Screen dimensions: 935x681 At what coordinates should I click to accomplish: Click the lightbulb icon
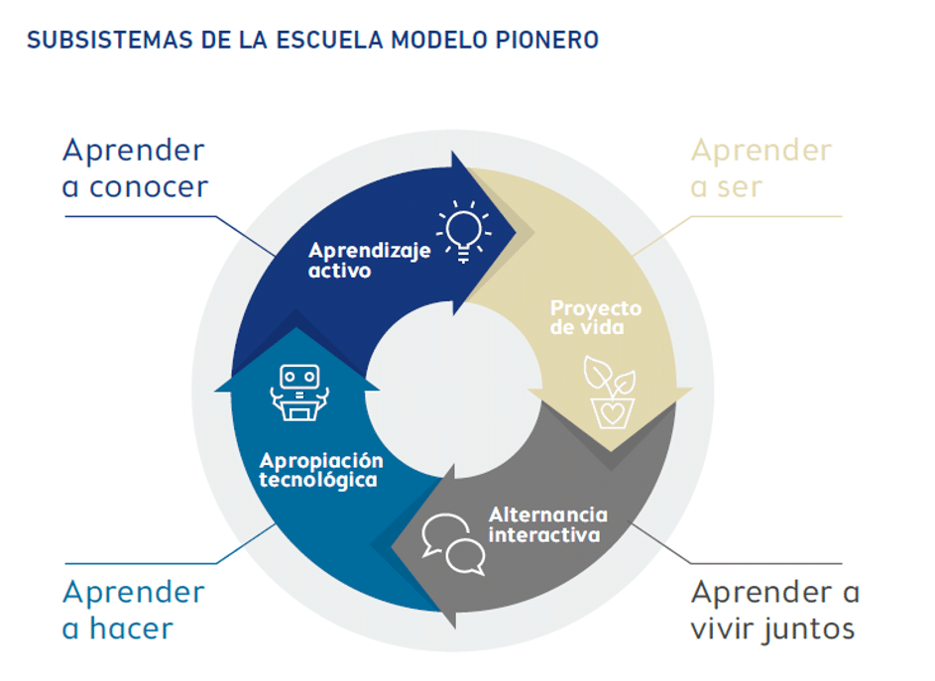[x=464, y=231]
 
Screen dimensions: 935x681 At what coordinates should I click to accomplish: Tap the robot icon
[x=299, y=393]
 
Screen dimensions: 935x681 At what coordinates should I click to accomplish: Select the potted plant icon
[x=610, y=392]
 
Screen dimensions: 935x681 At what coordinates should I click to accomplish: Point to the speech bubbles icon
[x=453, y=544]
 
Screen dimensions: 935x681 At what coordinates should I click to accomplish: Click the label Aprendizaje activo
[x=369, y=260]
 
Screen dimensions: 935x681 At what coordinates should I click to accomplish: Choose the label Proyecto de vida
[x=595, y=317]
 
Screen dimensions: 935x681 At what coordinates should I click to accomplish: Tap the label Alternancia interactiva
[x=547, y=524]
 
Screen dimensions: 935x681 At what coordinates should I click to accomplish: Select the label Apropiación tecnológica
[x=321, y=471]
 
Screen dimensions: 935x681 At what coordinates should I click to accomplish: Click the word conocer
[x=149, y=187]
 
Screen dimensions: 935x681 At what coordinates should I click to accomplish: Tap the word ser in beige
[x=740, y=187]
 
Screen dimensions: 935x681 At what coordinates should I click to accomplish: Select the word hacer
[x=131, y=628]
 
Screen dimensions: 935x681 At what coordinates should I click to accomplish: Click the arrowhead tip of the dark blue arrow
[x=516, y=233]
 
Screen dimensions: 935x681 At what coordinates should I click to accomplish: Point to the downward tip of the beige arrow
[x=610, y=451]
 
